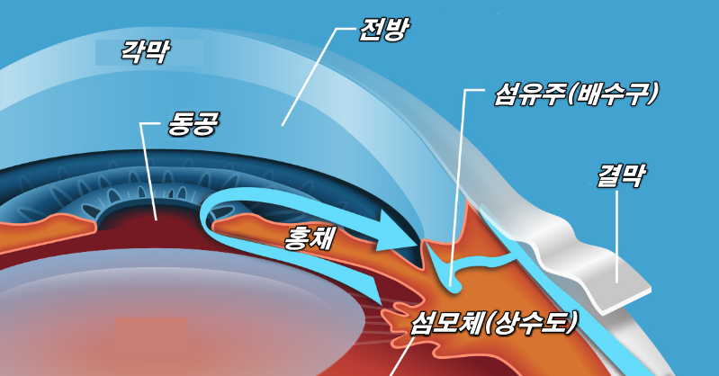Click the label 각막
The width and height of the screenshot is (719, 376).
click(x=146, y=50)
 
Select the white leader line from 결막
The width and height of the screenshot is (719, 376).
click(x=617, y=234)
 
